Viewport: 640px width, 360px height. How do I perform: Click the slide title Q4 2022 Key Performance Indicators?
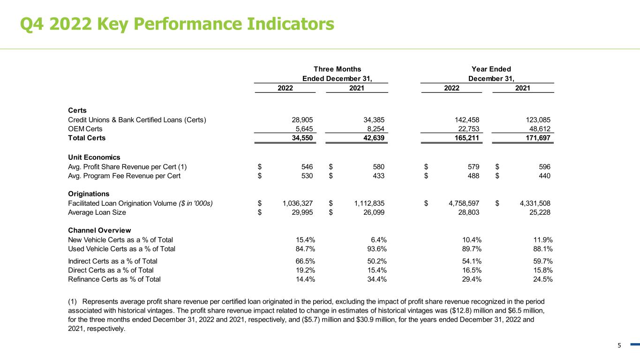[177, 24]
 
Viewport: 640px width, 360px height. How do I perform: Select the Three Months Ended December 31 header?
[337, 74]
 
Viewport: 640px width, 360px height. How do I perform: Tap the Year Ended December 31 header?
[491, 74]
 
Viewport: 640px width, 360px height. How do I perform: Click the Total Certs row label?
[87, 138]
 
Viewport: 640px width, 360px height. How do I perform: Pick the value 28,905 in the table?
[302, 120]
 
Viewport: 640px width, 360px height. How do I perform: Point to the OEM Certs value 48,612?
[539, 129]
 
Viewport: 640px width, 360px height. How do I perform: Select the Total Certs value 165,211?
[467, 138]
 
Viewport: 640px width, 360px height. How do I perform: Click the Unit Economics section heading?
[94, 157]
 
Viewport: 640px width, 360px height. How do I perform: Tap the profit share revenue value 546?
[307, 167]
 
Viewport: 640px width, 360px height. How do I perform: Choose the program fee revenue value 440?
[544, 176]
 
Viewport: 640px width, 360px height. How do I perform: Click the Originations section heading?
[89, 194]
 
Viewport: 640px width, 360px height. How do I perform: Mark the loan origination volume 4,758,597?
[464, 203]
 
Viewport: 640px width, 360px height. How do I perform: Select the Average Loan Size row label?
[97, 212]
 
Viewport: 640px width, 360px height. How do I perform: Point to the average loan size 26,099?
[374, 212]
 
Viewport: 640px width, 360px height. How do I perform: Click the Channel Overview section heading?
[99, 231]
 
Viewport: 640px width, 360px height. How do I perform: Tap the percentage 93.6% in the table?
[377, 249]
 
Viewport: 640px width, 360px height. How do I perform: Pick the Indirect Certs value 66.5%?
[305, 262]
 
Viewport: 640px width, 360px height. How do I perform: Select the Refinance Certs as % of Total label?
[114, 279]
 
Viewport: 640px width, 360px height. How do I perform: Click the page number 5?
[619, 345]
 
